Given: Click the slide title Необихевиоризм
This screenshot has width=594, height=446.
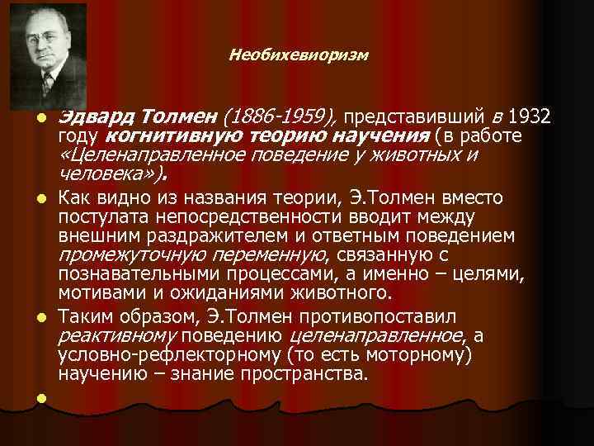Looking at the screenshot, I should click(299, 56).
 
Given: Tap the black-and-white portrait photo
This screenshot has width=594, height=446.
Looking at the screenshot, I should click(49, 56).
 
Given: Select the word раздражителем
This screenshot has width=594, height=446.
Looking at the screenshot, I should click(183, 236).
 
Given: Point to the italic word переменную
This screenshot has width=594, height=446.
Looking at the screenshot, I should click(261, 256).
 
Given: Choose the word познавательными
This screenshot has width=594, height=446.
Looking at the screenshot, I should click(132, 275).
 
